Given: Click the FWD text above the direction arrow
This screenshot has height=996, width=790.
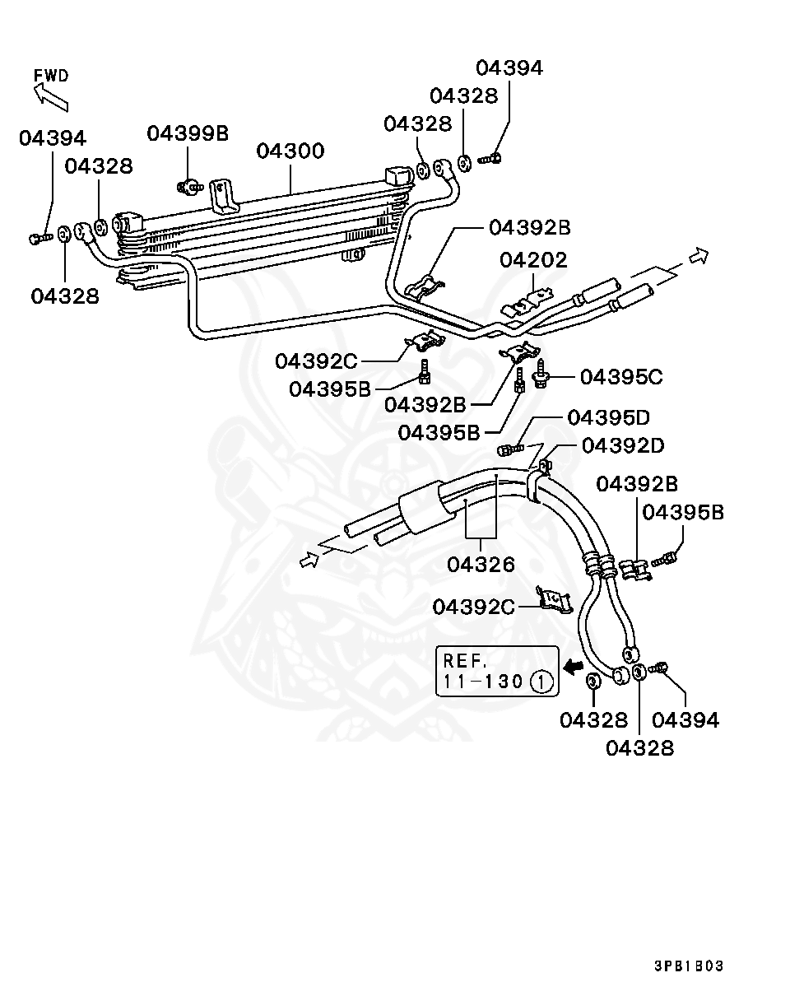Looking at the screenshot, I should click(51, 76).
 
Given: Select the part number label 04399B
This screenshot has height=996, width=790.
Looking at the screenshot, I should click(188, 133).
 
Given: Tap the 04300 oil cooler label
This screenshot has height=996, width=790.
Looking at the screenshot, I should click(290, 151).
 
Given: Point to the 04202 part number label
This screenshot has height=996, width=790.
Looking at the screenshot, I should click(533, 261).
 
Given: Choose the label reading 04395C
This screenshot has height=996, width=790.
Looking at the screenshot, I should click(620, 377).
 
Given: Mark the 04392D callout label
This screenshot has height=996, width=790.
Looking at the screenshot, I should click(622, 445).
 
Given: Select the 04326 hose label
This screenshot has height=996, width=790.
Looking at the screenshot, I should click(481, 564).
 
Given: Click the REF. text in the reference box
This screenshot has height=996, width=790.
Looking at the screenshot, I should click(466, 660).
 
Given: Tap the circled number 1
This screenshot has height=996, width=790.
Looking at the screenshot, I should click(540, 682).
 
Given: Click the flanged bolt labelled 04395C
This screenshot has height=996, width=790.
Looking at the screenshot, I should click(541, 376).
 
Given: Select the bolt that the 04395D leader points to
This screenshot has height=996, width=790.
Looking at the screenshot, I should click(508, 449).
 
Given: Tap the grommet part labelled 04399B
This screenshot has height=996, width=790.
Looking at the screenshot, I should click(190, 187).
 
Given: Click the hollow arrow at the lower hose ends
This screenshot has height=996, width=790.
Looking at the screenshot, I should click(309, 561).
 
